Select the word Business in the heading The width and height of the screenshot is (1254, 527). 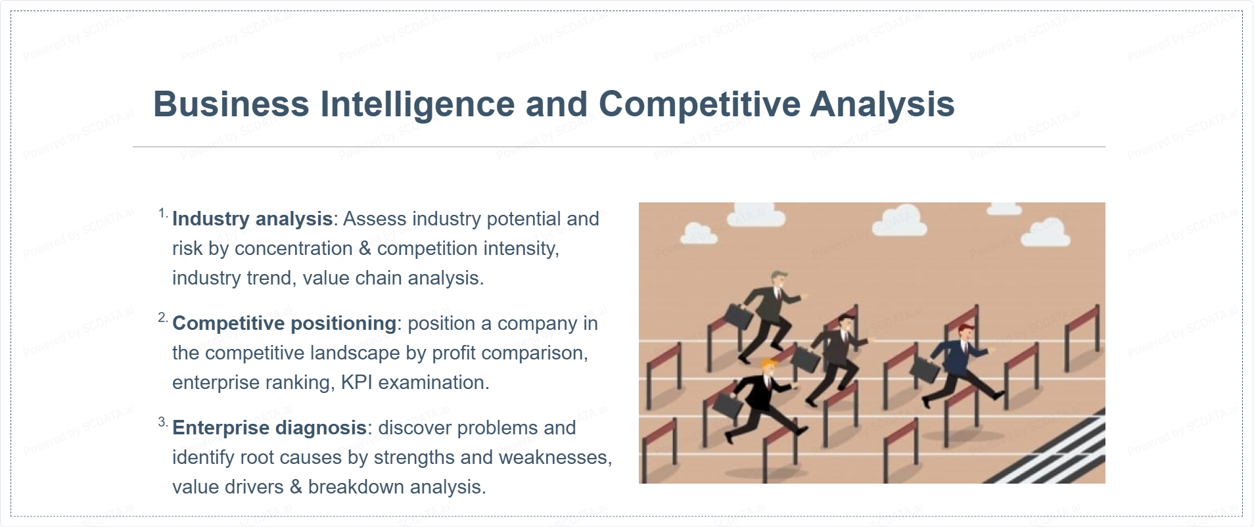pos(231,104)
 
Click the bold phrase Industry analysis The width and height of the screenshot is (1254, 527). pos(252,219)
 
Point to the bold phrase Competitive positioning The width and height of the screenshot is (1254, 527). pos(285,323)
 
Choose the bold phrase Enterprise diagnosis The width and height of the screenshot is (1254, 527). pos(269,428)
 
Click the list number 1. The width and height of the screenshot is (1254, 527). pos(163,214)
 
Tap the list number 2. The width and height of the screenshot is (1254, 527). pos(163,318)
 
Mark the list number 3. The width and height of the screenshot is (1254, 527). pos(163,423)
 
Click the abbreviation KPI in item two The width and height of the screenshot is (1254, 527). pos(356,382)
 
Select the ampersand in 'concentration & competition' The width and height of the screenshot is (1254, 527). pos(365,249)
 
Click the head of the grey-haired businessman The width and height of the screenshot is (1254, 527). pos(779,281)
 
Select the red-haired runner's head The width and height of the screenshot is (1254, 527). pos(964,332)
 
